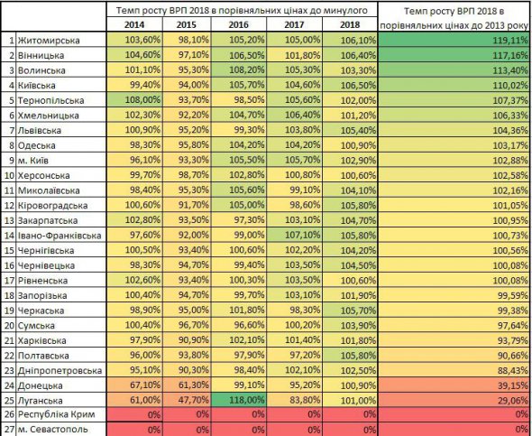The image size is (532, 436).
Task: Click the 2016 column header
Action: tap(239, 24)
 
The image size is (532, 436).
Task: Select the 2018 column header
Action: tap(350, 24)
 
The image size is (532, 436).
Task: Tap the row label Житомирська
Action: tap(49, 41)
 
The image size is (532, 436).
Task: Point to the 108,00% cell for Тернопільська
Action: tap(142, 100)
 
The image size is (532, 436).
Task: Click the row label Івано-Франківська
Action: tap(60, 236)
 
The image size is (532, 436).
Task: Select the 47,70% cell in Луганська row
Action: tap(193, 400)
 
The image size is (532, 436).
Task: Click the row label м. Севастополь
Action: tap(52, 429)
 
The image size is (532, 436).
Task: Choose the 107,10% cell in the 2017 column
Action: tap(302, 235)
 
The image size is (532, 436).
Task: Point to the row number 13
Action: tap(9, 220)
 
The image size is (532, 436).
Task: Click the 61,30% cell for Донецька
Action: tap(193, 385)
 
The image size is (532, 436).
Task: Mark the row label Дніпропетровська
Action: tap(60, 370)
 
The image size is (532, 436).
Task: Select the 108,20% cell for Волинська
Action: tap(247, 70)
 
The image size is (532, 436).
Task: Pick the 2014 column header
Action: tap(134, 24)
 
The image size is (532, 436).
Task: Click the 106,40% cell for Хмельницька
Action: tap(302, 116)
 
